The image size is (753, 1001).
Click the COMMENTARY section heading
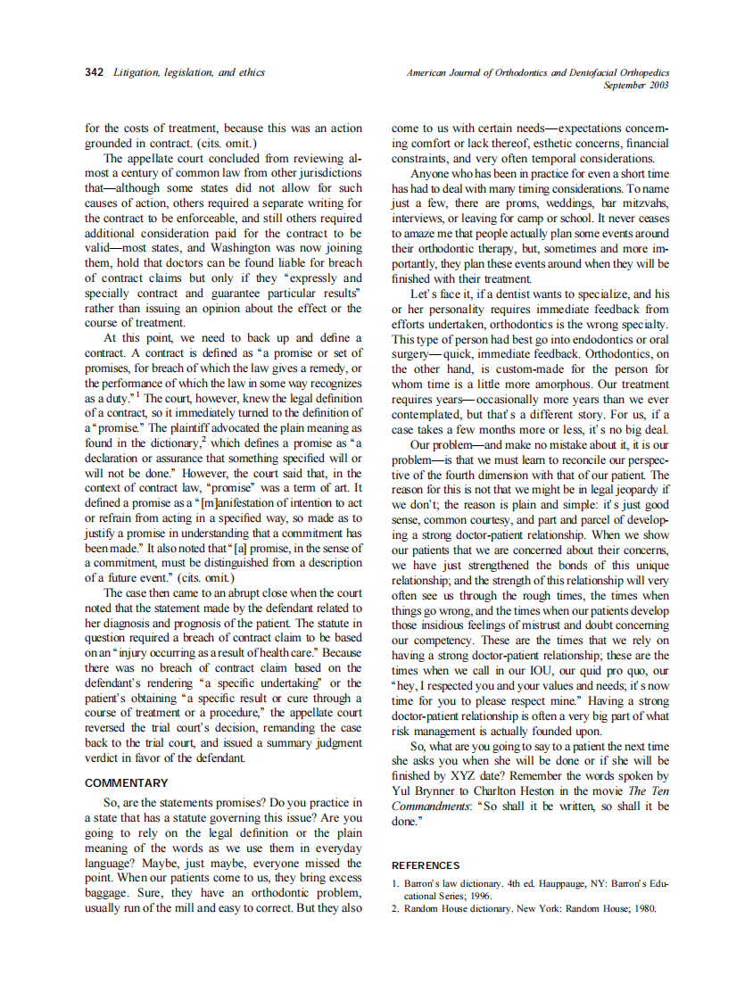pos(126,782)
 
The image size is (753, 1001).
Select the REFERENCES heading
pos(426,864)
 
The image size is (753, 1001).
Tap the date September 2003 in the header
pos(636,85)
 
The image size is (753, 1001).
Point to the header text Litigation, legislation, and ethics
pos(189,72)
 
